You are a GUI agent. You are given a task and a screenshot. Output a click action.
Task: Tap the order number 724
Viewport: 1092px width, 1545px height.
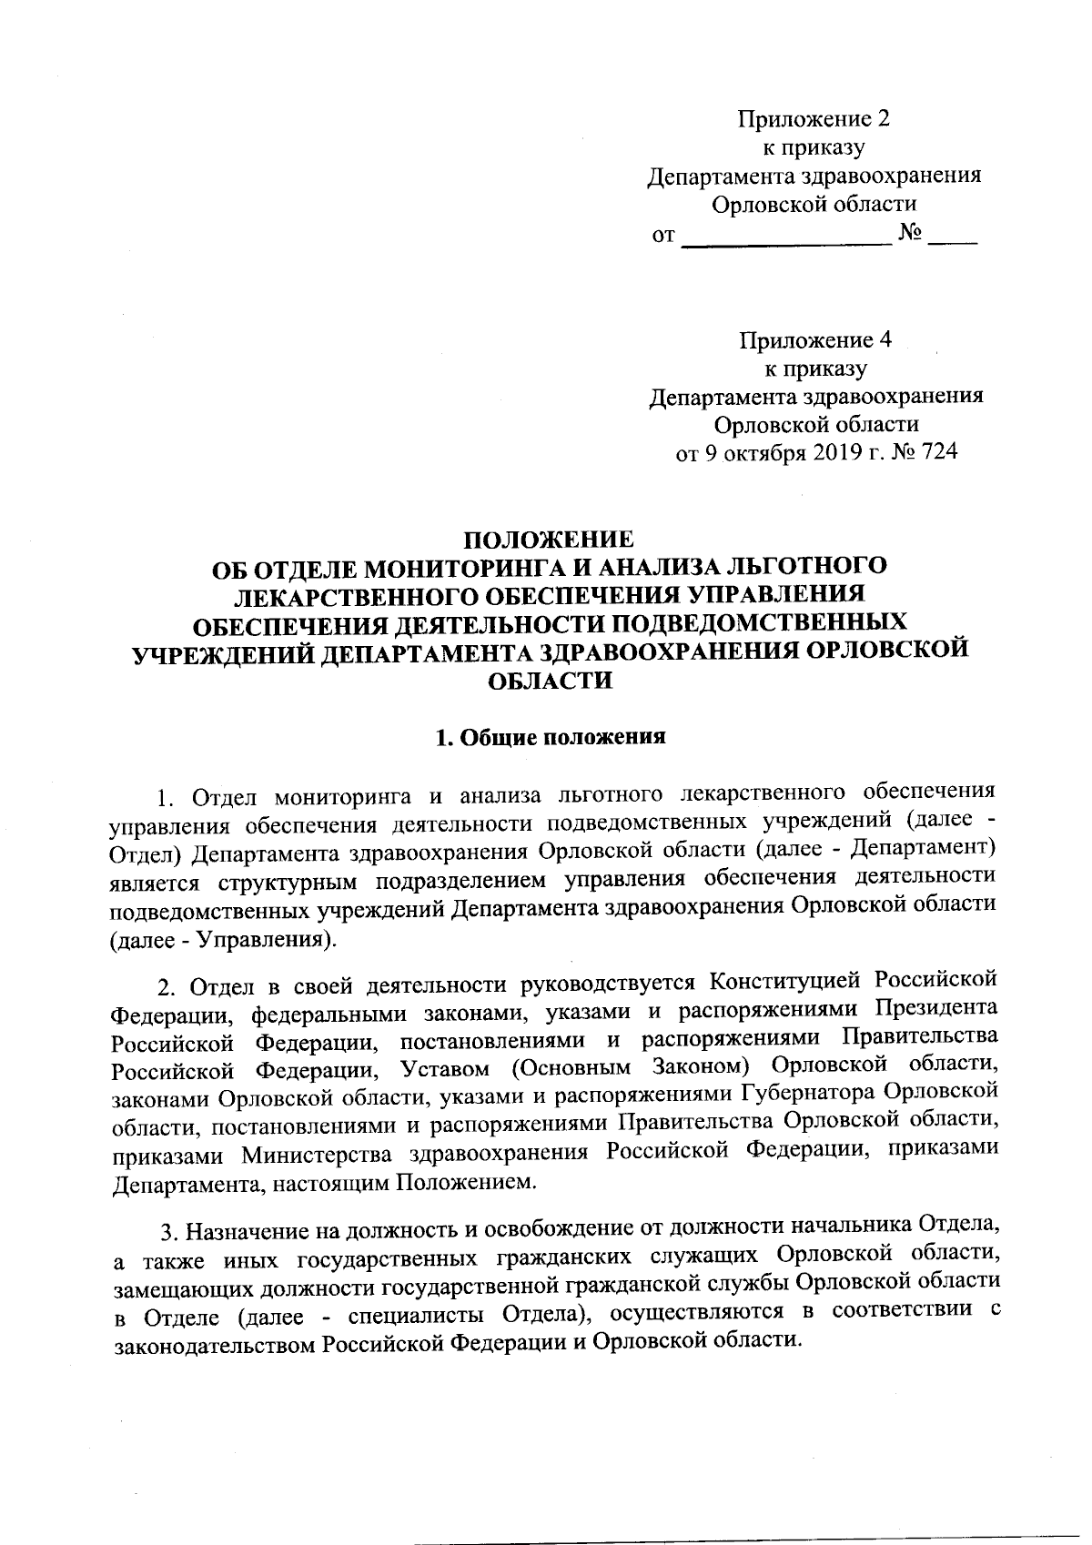[x=939, y=452]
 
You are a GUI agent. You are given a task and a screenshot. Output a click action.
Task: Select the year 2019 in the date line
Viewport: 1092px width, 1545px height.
[x=829, y=452]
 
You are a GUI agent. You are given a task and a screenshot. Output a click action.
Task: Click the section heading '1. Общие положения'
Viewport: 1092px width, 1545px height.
[x=550, y=737]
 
